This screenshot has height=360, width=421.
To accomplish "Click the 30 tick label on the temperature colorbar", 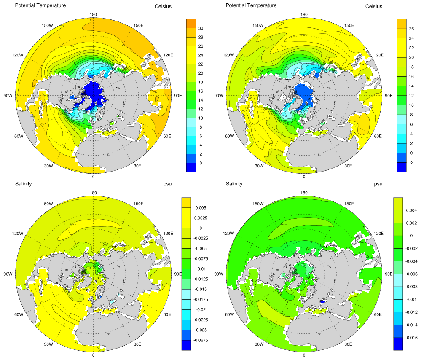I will pyautogui.click(x=201, y=28).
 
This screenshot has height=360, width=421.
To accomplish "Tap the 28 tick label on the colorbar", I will pyautogui.click(x=201, y=38).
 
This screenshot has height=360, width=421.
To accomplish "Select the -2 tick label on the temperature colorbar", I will pyautogui.click(x=411, y=162).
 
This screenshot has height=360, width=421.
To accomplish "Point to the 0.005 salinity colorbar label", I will pyautogui.click(x=200, y=208).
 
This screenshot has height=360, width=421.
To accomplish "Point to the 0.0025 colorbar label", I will pyautogui.click(x=201, y=218).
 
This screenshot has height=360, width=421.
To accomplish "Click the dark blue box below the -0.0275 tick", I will pyautogui.click(x=186, y=345).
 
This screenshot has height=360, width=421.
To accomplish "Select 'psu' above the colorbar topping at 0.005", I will pyautogui.click(x=167, y=184).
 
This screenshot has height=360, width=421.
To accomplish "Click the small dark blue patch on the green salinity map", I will pyautogui.click(x=323, y=302).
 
